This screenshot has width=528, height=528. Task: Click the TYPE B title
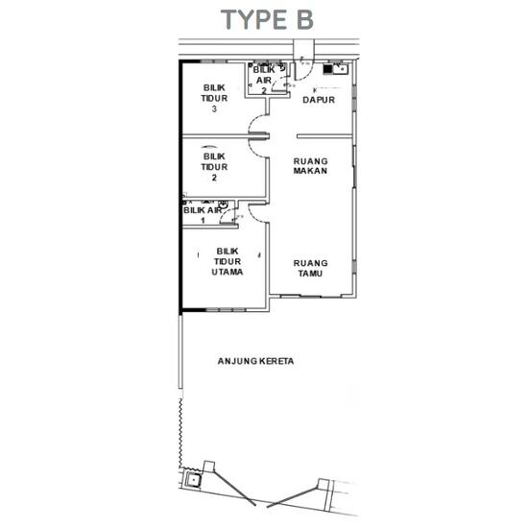coord(266,19)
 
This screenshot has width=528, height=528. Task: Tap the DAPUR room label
coord(317,99)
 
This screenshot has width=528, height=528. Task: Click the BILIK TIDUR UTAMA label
coord(228,261)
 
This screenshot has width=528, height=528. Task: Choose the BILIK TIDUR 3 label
coord(214,98)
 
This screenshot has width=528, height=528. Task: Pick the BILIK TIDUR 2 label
coord(214,165)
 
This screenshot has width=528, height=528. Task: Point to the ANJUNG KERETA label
coord(254,362)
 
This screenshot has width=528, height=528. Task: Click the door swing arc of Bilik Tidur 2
coord(257,141)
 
